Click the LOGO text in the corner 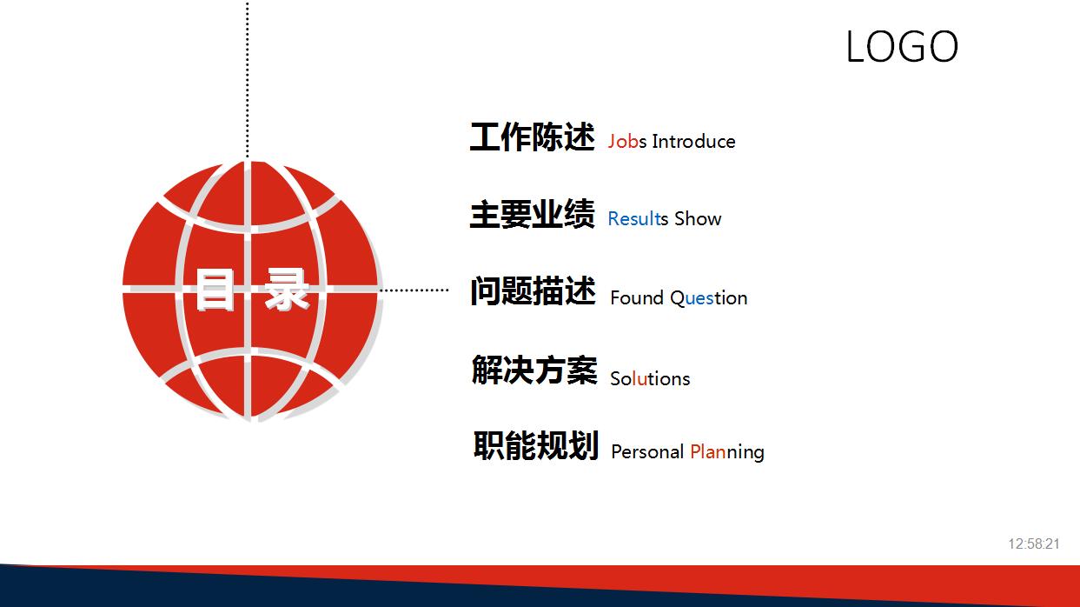coord(902,47)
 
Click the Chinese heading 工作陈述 coord(532,137)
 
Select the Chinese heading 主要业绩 coord(532,215)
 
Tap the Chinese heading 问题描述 coord(533,292)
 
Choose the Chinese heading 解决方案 coord(533,370)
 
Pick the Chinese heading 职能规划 coord(535,446)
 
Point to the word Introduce coord(693,142)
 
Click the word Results coord(638,219)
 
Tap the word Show coord(698,219)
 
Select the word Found coord(637,298)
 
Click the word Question coord(708,298)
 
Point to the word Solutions coord(650,379)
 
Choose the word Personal coord(647,452)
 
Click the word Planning coord(727,452)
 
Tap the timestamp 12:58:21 coord(1034,544)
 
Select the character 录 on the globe coord(287,290)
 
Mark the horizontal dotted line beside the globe coord(414,290)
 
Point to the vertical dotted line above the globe coord(248,78)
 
